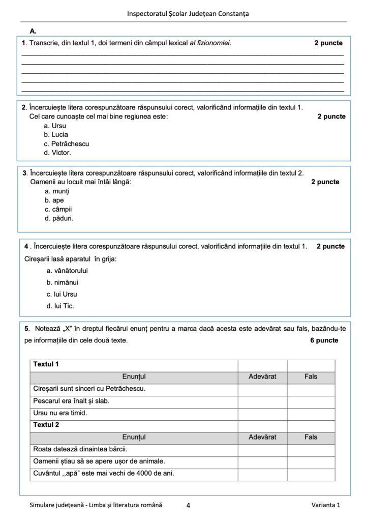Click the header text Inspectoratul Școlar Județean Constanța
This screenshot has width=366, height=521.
click(x=188, y=14)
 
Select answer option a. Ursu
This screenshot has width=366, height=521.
click(x=56, y=126)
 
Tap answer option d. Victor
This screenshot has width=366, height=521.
click(x=57, y=153)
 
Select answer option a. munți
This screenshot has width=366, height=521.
click(x=56, y=191)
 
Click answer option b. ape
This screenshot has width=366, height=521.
click(x=54, y=200)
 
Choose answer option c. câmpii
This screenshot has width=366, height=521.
click(x=58, y=209)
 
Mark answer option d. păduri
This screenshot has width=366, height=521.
click(x=59, y=218)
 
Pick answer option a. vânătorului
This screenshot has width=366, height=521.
click(x=67, y=271)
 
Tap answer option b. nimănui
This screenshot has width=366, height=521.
click(x=63, y=282)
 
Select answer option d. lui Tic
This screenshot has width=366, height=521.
click(x=60, y=306)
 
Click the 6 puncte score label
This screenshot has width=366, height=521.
click(x=324, y=340)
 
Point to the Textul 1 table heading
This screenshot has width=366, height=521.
click(x=46, y=364)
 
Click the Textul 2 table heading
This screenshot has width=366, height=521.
click(x=46, y=425)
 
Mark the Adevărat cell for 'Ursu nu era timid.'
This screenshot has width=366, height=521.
click(x=262, y=413)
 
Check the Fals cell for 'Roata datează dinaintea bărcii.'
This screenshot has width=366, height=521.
click(x=311, y=449)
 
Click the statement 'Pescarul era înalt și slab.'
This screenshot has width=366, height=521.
click(x=71, y=401)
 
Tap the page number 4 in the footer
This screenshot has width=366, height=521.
click(x=188, y=505)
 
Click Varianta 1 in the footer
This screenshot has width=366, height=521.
click(x=325, y=505)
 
